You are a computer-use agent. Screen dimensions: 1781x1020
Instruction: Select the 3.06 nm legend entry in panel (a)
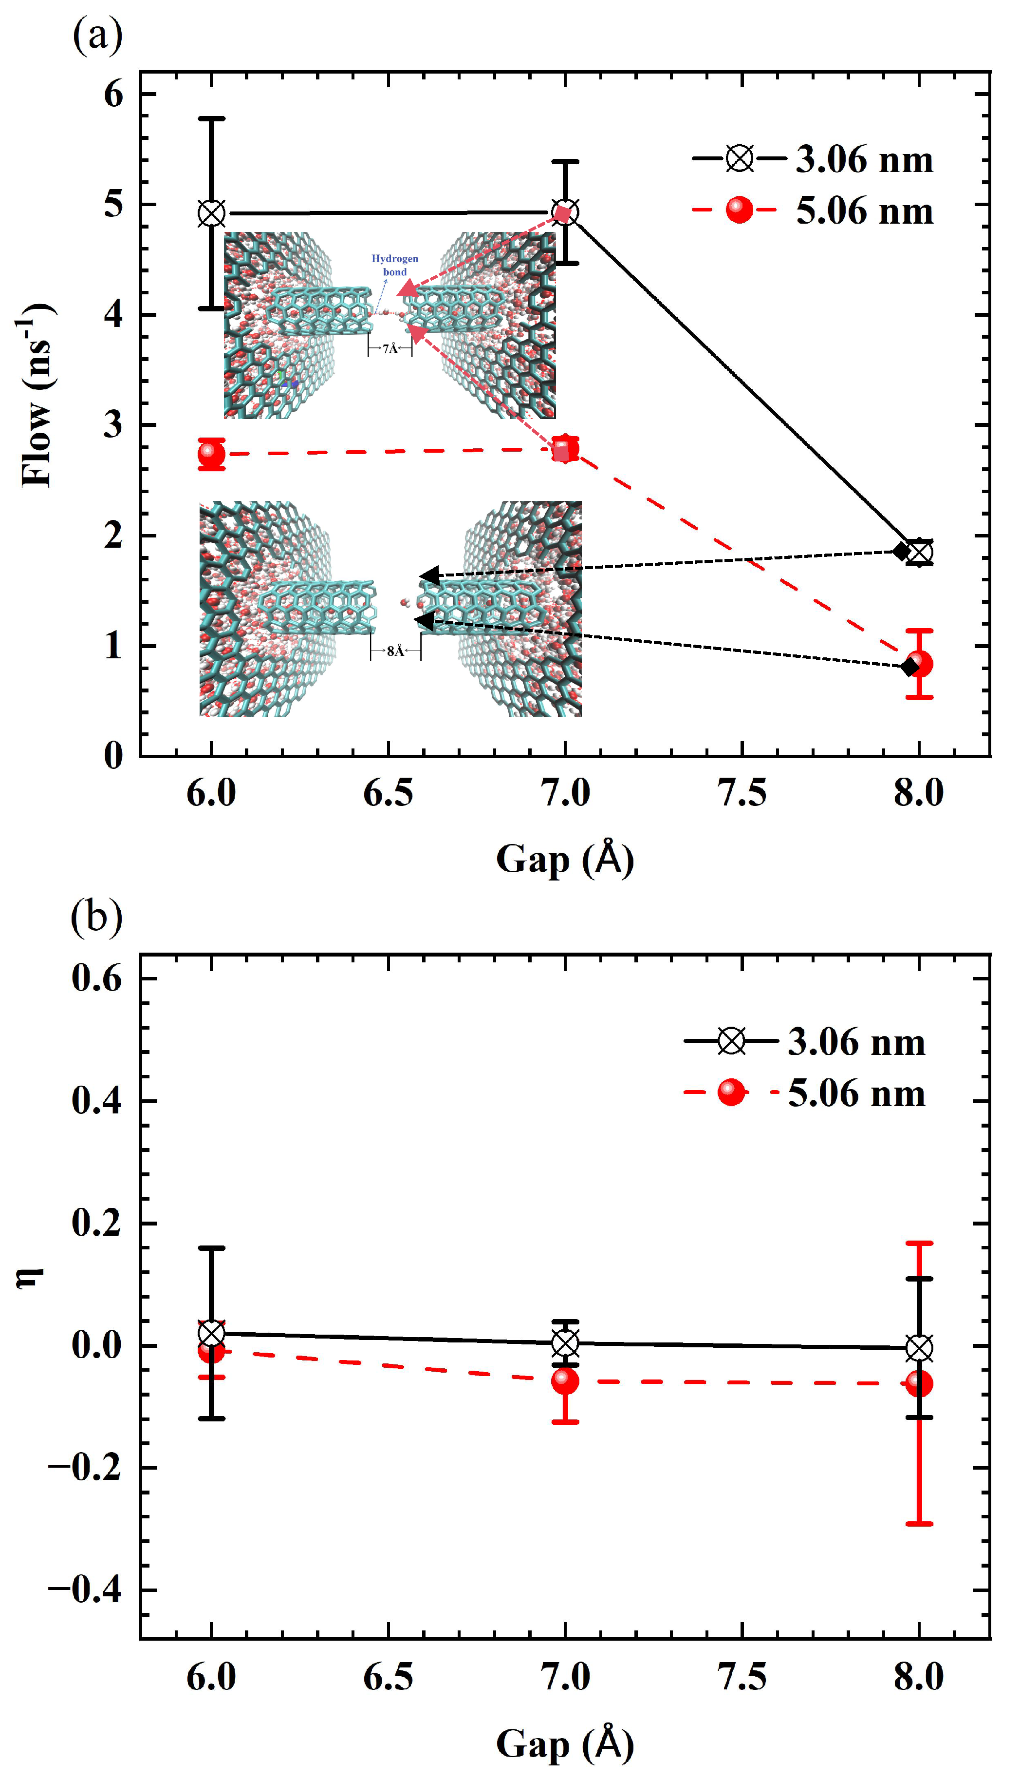coord(813,159)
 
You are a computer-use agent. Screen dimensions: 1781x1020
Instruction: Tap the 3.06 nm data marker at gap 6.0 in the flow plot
coord(212,214)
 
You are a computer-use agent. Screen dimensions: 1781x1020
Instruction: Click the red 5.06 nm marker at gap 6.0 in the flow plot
coord(212,454)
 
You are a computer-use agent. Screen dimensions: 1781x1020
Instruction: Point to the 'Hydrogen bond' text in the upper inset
coord(394,265)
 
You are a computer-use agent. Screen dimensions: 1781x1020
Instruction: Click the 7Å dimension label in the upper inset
coord(390,348)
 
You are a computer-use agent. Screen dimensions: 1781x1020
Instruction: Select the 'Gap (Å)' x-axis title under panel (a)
coord(565,859)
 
